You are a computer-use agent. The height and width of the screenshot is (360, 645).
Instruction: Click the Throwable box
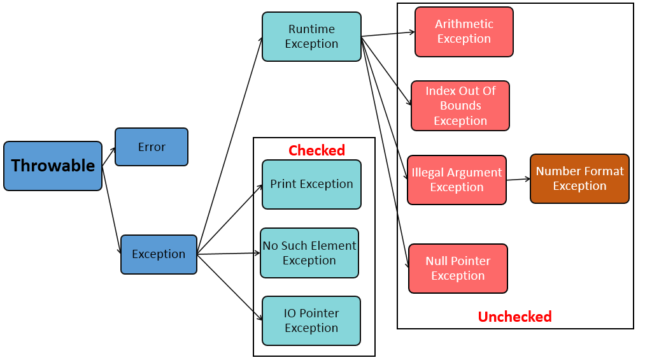click(x=53, y=166)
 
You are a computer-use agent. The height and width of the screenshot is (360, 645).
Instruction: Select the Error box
click(x=152, y=147)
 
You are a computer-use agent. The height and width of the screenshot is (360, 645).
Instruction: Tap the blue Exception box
click(x=159, y=254)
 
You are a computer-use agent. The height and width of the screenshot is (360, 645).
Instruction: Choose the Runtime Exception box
click(x=311, y=37)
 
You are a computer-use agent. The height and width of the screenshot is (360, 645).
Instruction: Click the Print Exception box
click(x=311, y=184)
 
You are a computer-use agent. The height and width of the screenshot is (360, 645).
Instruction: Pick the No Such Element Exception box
click(x=309, y=253)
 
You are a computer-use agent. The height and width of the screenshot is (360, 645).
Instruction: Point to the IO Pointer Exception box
click(x=311, y=320)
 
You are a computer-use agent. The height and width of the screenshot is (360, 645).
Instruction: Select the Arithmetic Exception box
click(x=464, y=32)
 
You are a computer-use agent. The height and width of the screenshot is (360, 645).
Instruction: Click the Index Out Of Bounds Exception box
click(x=460, y=106)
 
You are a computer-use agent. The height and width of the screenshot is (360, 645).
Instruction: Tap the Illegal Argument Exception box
click(x=457, y=180)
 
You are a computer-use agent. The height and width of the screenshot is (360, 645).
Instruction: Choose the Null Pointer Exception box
click(x=458, y=268)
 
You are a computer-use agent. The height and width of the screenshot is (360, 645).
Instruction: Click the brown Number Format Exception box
click(x=579, y=178)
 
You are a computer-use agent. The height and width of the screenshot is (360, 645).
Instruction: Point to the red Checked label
click(x=316, y=150)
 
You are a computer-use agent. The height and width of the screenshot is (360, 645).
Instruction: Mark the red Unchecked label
click(x=514, y=317)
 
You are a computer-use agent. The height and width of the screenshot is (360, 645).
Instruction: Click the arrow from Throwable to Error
click(x=109, y=157)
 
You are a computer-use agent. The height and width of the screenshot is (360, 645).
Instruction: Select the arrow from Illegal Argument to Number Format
click(x=518, y=180)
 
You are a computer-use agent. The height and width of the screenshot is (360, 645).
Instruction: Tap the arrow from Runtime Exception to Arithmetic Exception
click(x=388, y=34)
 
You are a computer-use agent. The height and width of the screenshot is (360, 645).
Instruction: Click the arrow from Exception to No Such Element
click(x=229, y=254)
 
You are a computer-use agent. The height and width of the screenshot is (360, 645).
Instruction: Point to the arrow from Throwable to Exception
click(x=111, y=210)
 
